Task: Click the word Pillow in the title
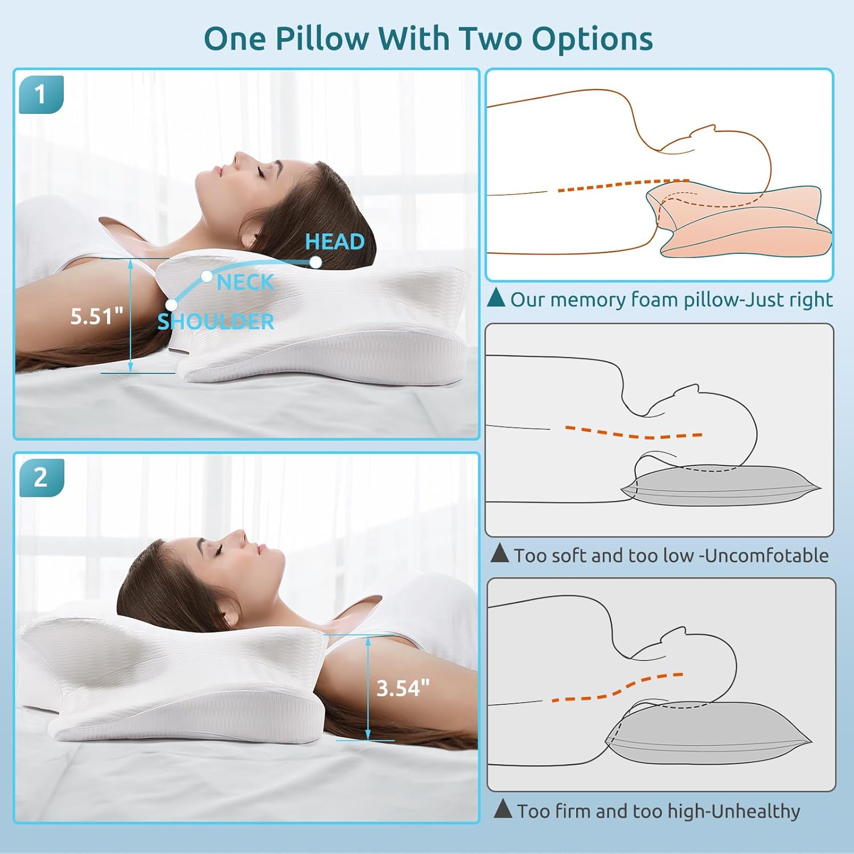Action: click(322, 39)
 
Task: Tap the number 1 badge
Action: click(40, 94)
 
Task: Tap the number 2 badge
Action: click(40, 477)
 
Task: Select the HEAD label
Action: click(335, 241)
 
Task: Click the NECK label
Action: click(245, 282)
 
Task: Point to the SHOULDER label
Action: click(216, 322)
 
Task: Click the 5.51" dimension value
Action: click(96, 317)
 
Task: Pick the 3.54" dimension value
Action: click(403, 688)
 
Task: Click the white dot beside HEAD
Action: click(315, 262)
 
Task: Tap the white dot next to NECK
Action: click(207, 277)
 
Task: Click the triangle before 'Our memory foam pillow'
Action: click(496, 298)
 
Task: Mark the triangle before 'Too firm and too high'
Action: click(503, 808)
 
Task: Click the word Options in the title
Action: click(592, 39)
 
